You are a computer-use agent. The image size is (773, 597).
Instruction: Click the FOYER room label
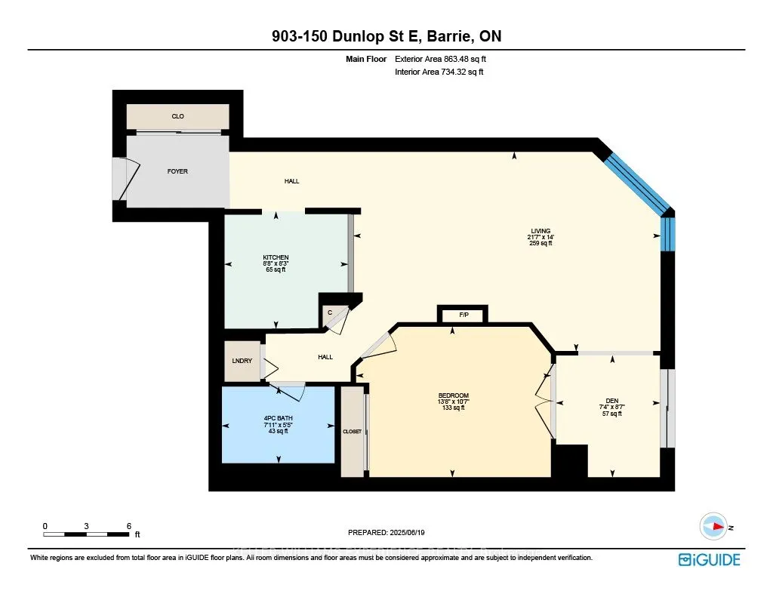[177, 171]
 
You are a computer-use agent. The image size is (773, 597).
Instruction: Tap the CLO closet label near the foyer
[177, 116]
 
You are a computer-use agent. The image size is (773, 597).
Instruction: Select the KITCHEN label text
[276, 257]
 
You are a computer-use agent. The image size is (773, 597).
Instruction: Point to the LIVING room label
[540, 232]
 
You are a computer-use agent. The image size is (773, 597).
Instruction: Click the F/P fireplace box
[462, 315]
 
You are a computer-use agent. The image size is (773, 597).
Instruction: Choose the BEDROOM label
[453, 396]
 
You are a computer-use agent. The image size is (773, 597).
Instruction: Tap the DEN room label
[611, 402]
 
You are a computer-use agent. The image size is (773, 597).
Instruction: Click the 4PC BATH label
[278, 417]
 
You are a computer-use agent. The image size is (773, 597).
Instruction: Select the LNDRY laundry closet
[242, 361]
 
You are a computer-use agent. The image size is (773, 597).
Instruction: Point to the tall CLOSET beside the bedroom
[352, 432]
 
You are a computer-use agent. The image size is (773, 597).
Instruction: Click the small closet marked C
[330, 311]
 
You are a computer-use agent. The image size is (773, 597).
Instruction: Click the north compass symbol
[713, 526]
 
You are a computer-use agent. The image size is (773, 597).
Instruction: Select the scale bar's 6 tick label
[129, 525]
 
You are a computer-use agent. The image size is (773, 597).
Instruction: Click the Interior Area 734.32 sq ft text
[439, 72]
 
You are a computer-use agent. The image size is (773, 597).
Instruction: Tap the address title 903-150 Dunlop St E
[386, 36]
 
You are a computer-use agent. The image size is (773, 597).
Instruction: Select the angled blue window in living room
[636, 178]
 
